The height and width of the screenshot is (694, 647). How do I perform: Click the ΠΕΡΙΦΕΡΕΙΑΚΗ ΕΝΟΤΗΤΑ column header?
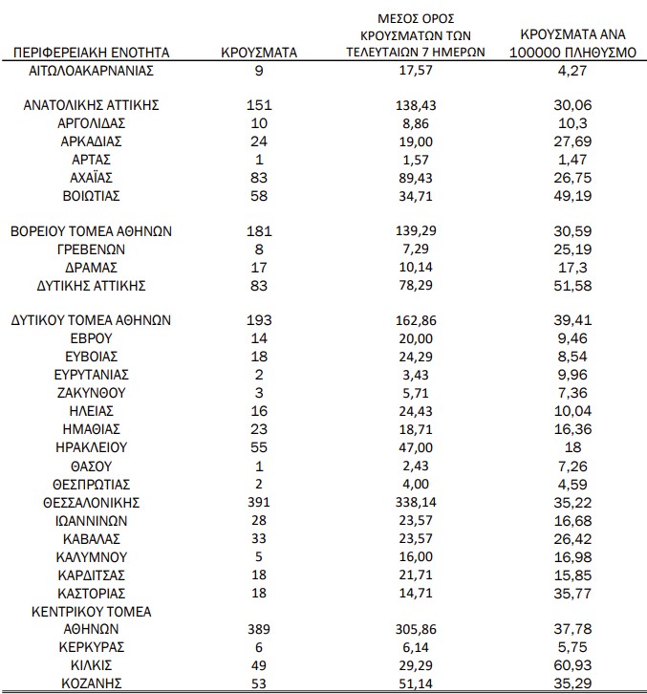(x=93, y=52)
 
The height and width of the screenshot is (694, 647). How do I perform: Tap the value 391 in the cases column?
(x=259, y=501)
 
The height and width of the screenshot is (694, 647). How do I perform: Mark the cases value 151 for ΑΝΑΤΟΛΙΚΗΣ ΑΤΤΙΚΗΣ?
(x=259, y=105)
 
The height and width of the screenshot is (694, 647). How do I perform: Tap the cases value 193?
(x=259, y=320)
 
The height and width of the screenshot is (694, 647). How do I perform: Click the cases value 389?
(x=259, y=629)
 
